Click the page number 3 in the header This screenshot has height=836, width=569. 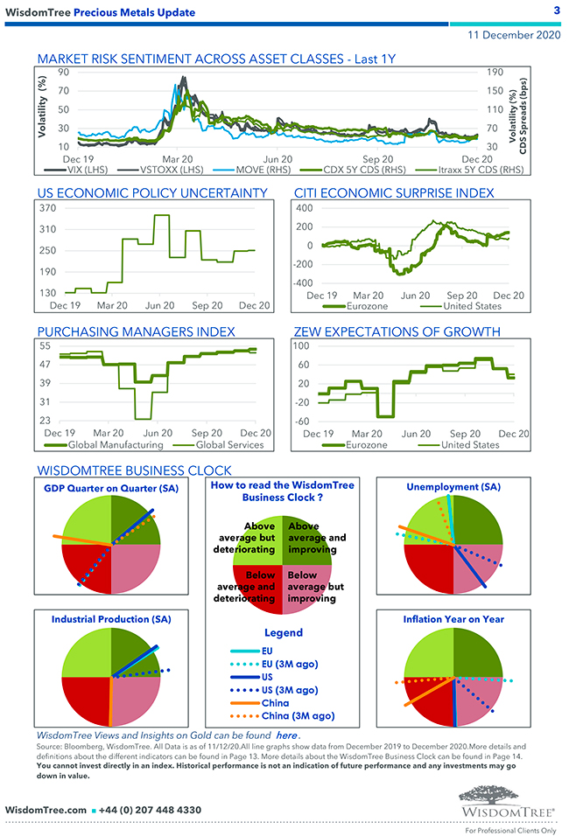coord(557,10)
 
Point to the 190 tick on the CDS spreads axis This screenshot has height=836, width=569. coord(493,73)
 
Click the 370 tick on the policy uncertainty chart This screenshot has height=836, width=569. coord(46,208)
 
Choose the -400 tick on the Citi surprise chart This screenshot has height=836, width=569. coord(301,283)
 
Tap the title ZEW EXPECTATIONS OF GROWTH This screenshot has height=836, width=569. coord(409,331)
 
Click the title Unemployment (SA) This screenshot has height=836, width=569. coord(453,486)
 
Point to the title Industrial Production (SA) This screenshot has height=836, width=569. coord(111,619)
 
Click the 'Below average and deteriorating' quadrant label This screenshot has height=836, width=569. coord(245,587)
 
